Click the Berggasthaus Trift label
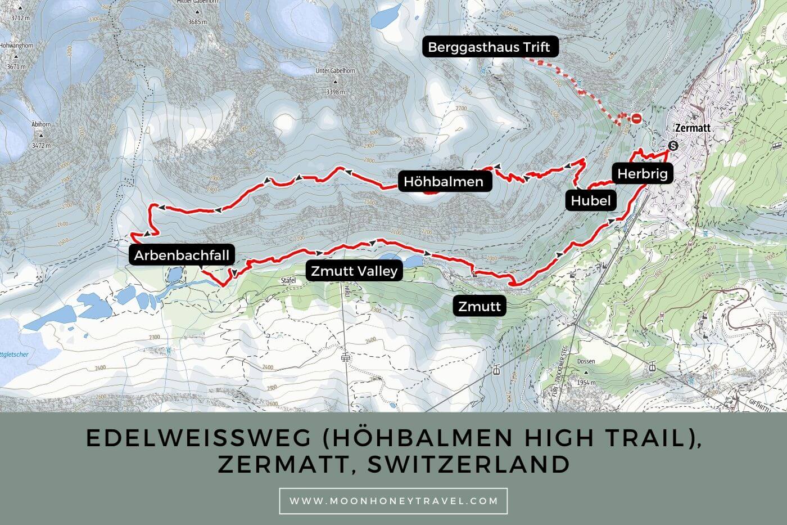coord(489,47)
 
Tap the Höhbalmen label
coord(443,182)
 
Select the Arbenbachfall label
coord(182,255)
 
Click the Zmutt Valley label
coord(354,271)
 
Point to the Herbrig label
coord(642,174)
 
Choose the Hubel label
coord(590,200)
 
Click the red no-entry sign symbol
coord(636,118)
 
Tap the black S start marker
coord(673,145)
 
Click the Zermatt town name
coord(693,128)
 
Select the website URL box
coord(393,501)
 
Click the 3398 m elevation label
coord(335,92)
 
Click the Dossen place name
coord(586,362)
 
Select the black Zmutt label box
coord(480,307)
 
